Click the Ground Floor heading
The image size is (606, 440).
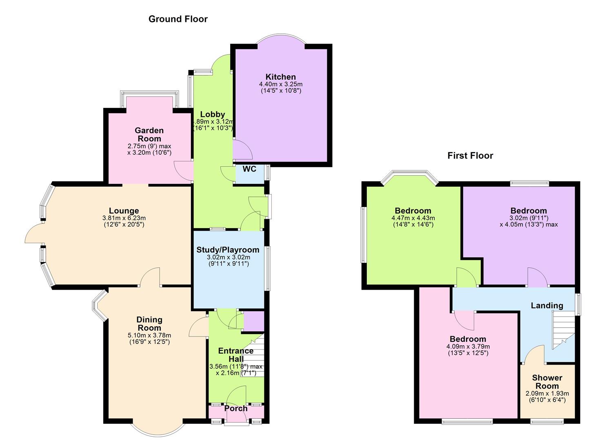click(178, 19)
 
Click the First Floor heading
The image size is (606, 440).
click(470, 156)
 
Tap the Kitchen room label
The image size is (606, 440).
click(280, 77)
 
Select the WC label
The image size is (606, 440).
click(249, 169)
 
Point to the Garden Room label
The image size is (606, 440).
click(149, 134)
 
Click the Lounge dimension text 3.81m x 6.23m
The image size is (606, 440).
click(124, 218)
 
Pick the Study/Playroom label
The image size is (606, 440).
click(228, 250)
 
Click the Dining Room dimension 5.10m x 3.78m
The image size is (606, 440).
click(149, 335)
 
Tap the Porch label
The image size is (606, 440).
click(236, 408)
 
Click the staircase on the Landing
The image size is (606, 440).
click(563, 330)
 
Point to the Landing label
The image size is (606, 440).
click(547, 306)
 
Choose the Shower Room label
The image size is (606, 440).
click(547, 382)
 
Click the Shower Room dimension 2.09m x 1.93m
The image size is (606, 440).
click(547, 394)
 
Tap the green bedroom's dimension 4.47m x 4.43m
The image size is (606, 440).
click(413, 218)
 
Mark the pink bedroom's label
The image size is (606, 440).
click(468, 339)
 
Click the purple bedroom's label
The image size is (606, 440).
click(528, 211)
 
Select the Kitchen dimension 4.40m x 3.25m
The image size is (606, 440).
click(281, 84)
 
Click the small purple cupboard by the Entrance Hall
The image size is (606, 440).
click(253, 321)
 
